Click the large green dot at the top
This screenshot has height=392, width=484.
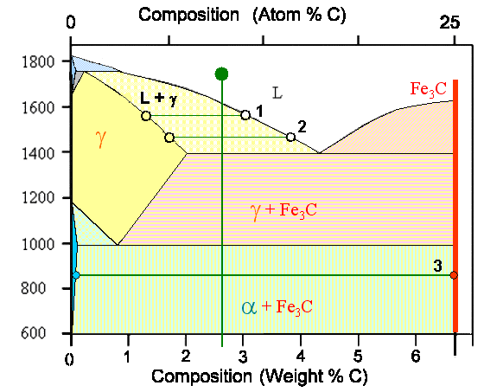pyautogui.click(x=222, y=74)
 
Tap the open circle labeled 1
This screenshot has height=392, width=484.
pyautogui.click(x=245, y=114)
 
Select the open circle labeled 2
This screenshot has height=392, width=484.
pyautogui.click(x=290, y=137)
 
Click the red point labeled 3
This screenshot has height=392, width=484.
pyautogui.click(x=455, y=275)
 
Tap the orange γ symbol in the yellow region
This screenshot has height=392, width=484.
pyautogui.click(x=101, y=138)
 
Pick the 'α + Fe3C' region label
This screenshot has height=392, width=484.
pyautogui.click(x=277, y=306)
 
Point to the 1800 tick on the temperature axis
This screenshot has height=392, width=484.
pyautogui.click(x=41, y=61)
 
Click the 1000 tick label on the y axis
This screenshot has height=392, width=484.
pyautogui.click(x=41, y=244)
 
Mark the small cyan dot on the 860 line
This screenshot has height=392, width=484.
pyautogui.click(x=76, y=275)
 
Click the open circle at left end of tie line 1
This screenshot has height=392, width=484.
pyautogui.click(x=145, y=115)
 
